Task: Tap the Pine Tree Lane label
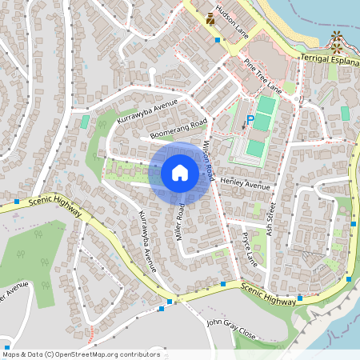pos(263,75)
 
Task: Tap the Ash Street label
pos(270,214)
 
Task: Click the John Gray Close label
pos(230,326)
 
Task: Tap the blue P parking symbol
pos(250,120)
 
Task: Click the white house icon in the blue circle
pos(180,172)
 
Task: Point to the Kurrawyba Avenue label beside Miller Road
pos(147,241)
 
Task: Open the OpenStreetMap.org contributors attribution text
pos(80,354)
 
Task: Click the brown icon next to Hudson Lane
pos(210,17)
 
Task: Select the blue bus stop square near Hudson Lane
pos(217,38)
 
